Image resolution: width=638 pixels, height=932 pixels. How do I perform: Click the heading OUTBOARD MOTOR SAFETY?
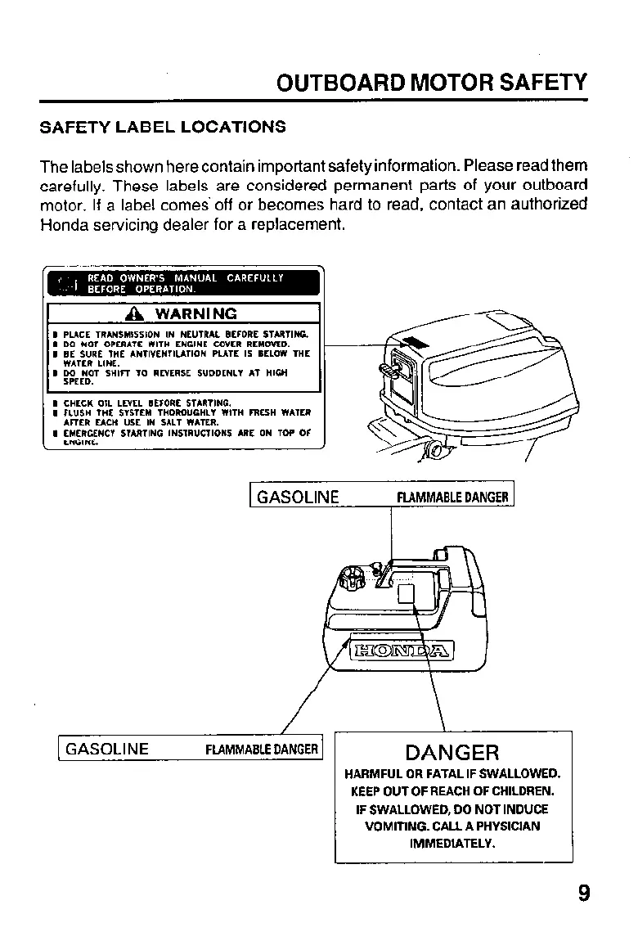pyautogui.click(x=432, y=83)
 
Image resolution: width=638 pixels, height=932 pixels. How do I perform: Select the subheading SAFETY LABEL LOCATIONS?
pyautogui.click(x=164, y=127)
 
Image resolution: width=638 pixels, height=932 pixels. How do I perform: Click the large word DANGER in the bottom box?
pyautogui.click(x=452, y=752)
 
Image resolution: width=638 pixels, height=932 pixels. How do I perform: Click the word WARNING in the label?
pyautogui.click(x=196, y=314)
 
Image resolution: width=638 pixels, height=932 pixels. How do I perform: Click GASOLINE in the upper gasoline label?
pyautogui.click(x=298, y=497)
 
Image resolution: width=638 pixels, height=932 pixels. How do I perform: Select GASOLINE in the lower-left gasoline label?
pyautogui.click(x=106, y=749)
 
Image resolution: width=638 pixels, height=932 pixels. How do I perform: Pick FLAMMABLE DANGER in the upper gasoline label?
pyautogui.click(x=452, y=498)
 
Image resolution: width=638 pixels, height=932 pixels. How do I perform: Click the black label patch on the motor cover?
pyautogui.click(x=415, y=342)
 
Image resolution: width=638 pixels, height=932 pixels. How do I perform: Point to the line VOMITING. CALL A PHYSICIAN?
pyautogui.click(x=452, y=826)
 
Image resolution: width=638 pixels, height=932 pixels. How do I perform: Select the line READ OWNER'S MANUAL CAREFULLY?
pyautogui.click(x=185, y=277)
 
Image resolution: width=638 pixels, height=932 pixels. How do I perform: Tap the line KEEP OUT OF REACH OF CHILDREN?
pyautogui.click(x=452, y=791)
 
